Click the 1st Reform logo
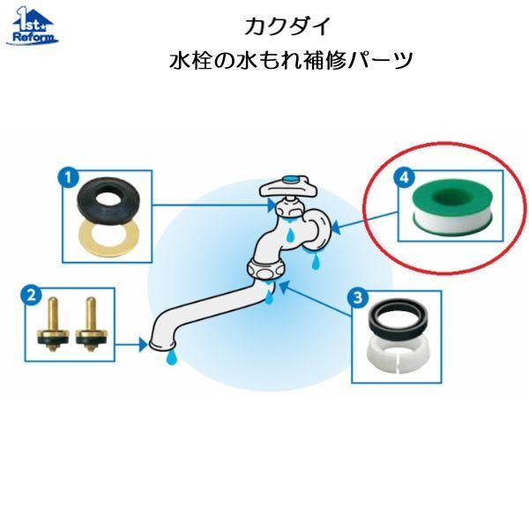click(33, 26)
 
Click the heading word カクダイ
click(287, 26)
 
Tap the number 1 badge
click(69, 177)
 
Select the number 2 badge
click(32, 295)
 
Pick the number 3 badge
click(358, 298)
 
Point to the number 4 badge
click(404, 177)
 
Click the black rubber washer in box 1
click(108, 202)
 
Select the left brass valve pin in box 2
click(53, 324)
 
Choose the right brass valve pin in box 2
click(91, 324)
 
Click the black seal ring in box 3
click(399, 319)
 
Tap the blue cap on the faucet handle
click(290, 179)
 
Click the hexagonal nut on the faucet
click(267, 269)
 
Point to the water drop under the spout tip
click(172, 357)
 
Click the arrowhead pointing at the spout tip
click(143, 345)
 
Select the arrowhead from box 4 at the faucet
click(337, 228)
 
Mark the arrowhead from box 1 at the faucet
click(272, 205)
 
